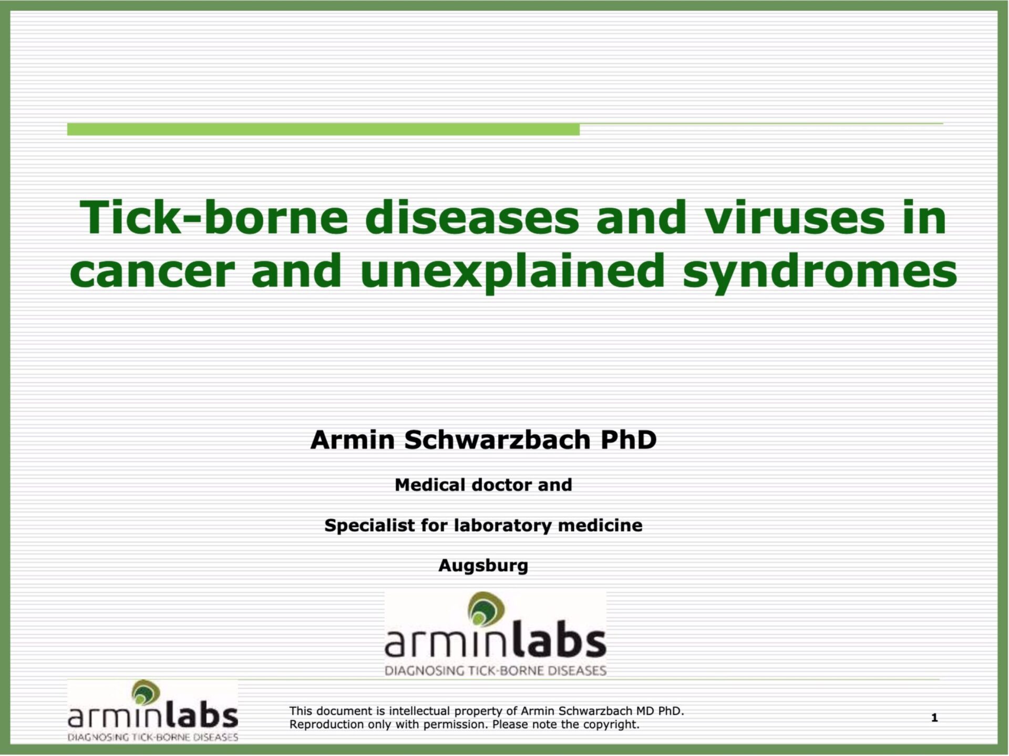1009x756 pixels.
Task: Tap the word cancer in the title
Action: pyautogui.click(x=152, y=271)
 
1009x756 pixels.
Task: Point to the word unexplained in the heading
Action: pyautogui.click(x=512, y=271)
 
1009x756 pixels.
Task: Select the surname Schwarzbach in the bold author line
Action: pyautogui.click(x=497, y=440)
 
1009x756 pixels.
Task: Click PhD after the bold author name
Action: pyautogui.click(x=629, y=440)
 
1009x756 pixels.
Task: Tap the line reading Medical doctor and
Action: pyautogui.click(x=483, y=485)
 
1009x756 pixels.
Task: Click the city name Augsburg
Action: pyautogui.click(x=483, y=566)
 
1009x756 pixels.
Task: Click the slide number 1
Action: pyautogui.click(x=934, y=718)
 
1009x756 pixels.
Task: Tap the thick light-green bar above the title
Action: pyautogui.click(x=323, y=129)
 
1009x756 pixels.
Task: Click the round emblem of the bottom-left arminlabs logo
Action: pyautogui.click(x=146, y=692)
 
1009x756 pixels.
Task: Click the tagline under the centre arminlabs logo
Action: pyautogui.click(x=496, y=671)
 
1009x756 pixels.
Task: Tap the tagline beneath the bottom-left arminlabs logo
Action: pyautogui.click(x=152, y=737)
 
